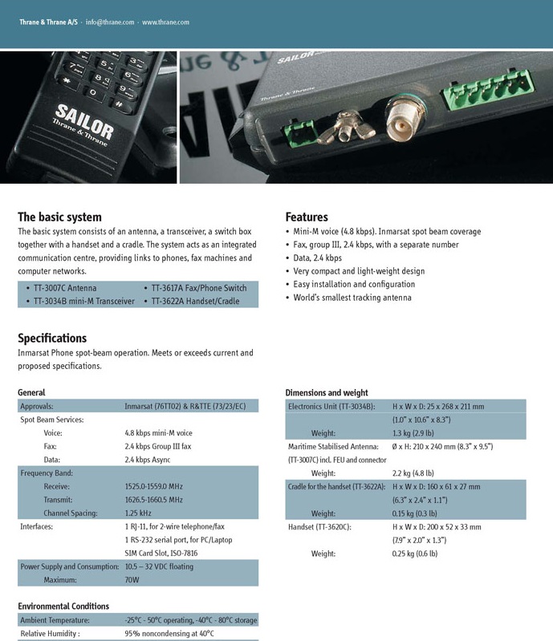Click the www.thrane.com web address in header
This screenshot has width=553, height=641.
pos(165,22)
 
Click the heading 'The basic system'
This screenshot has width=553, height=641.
pos(59,217)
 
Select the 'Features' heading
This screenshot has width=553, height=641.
pos(307,217)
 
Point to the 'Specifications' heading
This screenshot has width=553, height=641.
pos(52,338)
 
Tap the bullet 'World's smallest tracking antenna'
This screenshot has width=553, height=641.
pos(352,298)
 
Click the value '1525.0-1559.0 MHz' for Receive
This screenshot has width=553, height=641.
pos(154,486)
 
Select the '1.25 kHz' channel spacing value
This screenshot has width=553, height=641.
pos(138,513)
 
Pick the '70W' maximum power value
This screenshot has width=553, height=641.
pos(132,580)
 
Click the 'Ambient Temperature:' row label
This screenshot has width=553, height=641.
pos(55,620)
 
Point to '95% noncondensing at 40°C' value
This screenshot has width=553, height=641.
pos(169,634)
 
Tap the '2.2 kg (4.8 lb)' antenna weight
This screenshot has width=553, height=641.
pos(413,473)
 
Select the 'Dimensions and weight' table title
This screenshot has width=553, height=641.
pos(327,393)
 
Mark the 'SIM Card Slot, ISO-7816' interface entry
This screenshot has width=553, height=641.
pos(161,554)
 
